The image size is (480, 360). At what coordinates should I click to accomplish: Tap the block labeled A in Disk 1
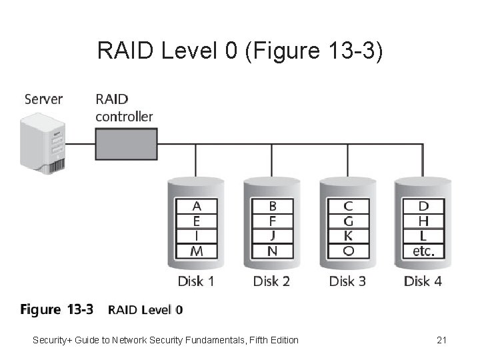[196, 206]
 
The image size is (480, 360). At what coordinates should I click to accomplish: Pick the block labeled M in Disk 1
[196, 251]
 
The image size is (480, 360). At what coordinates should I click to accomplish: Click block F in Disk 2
[272, 221]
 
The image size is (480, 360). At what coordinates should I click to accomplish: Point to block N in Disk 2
[272, 251]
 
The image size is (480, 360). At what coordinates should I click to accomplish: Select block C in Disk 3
[348, 206]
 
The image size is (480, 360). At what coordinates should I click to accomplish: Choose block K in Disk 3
[348, 236]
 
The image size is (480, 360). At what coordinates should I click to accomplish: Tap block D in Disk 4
[423, 206]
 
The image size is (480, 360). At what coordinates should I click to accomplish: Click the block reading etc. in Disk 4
[423, 251]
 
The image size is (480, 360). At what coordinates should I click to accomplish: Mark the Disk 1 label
[196, 281]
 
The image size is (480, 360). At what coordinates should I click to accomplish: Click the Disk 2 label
[271, 281]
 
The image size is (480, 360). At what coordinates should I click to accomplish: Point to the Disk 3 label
[347, 281]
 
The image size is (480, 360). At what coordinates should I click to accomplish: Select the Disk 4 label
[423, 281]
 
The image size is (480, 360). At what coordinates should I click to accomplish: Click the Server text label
[43, 99]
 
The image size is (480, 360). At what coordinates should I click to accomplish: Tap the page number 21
[441, 340]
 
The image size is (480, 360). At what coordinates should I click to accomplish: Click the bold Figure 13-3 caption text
[57, 309]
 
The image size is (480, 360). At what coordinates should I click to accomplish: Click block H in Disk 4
[423, 221]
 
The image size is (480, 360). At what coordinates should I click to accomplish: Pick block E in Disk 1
[196, 221]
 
